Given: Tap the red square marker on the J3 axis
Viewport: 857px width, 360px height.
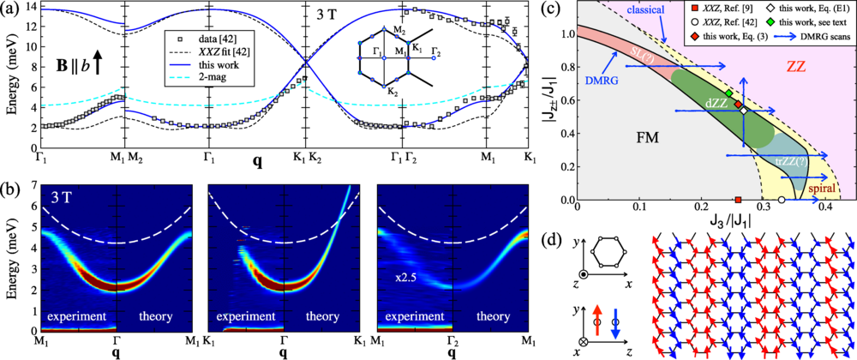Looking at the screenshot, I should click(x=738, y=200).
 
